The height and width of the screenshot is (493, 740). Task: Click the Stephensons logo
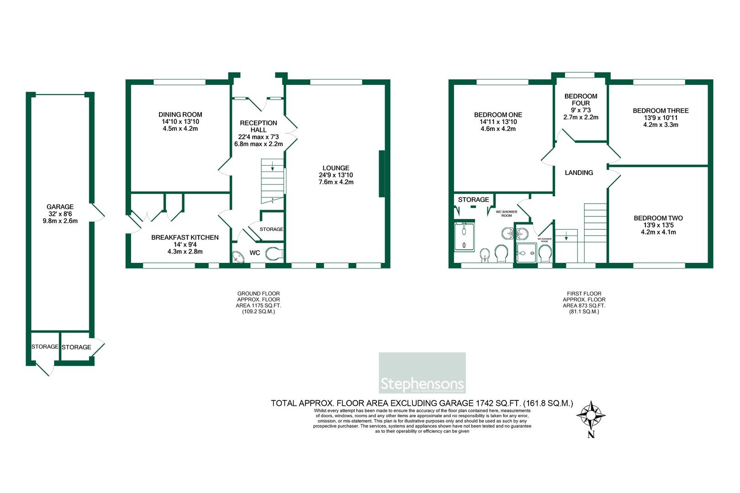(x=422, y=373)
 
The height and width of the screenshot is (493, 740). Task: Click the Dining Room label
(x=180, y=115)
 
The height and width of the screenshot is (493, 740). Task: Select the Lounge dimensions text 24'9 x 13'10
(x=336, y=175)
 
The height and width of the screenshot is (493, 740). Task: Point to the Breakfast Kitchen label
(x=185, y=237)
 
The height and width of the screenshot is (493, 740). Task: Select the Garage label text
(x=60, y=207)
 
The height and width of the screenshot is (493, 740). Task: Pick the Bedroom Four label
(x=581, y=100)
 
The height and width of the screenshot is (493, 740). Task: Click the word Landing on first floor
(x=579, y=173)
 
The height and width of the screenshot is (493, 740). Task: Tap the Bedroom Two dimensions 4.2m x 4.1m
(x=658, y=232)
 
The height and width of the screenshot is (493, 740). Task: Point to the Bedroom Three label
(x=661, y=110)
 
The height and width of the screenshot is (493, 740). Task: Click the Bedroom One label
(x=498, y=115)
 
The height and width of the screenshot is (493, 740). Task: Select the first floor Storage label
(x=473, y=199)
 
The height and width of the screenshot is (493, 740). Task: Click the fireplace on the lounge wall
(x=381, y=174)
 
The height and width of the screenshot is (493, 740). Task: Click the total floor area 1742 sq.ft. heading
(x=422, y=403)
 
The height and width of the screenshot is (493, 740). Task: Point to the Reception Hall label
(x=258, y=126)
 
